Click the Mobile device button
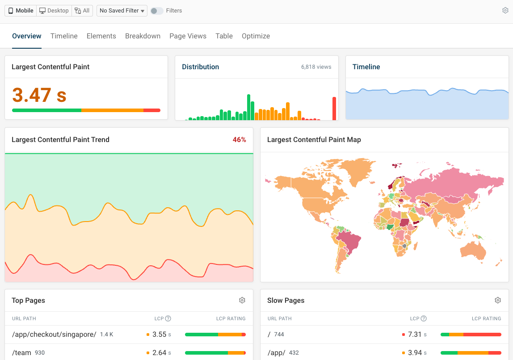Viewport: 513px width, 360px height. (21, 11)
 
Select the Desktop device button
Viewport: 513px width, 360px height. (54, 11)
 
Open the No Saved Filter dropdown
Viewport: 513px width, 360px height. (122, 11)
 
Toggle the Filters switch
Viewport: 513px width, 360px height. (156, 11)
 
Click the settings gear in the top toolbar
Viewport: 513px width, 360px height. (505, 10)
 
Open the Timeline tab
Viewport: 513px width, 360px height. (64, 36)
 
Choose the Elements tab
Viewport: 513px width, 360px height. (101, 36)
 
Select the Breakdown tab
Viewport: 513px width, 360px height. (143, 36)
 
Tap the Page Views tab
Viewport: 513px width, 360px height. (188, 36)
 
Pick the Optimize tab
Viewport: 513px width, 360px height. (256, 36)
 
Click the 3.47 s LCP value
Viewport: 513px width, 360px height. (39, 95)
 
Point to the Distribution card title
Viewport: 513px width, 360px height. (200, 67)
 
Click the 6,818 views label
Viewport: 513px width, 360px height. (316, 67)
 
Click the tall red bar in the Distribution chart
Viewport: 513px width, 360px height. (334, 109)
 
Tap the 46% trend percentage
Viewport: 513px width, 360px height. (239, 140)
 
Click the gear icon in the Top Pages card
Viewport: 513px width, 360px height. (242, 300)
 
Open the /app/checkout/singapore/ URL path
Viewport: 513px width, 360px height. (54, 335)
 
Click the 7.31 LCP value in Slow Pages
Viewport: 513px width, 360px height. (415, 335)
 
